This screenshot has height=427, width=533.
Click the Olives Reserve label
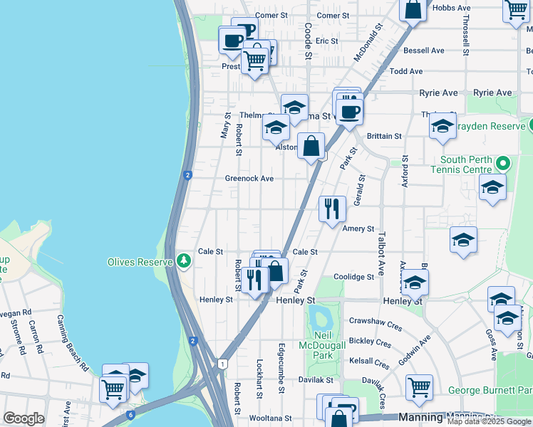[140, 262]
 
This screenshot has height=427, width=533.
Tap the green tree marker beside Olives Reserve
[185, 261]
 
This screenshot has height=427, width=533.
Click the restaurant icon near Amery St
[332, 209]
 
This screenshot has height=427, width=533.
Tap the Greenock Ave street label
[249, 179]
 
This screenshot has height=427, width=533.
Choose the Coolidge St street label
[353, 277]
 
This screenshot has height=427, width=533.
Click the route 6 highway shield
[130, 414]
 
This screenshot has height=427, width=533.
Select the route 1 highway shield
[223, 364]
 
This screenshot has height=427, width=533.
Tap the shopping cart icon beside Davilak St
[419, 387]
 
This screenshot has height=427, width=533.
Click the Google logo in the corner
[24, 418]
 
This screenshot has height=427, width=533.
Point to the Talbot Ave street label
[381, 253]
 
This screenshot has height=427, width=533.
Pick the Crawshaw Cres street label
[376, 321]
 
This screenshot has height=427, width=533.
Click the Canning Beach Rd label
[73, 343]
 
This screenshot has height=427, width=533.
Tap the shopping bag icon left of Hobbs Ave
[413, 9]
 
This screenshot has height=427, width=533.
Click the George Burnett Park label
[490, 391]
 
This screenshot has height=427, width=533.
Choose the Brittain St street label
[384, 136]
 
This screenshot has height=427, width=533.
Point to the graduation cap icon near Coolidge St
[415, 283]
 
